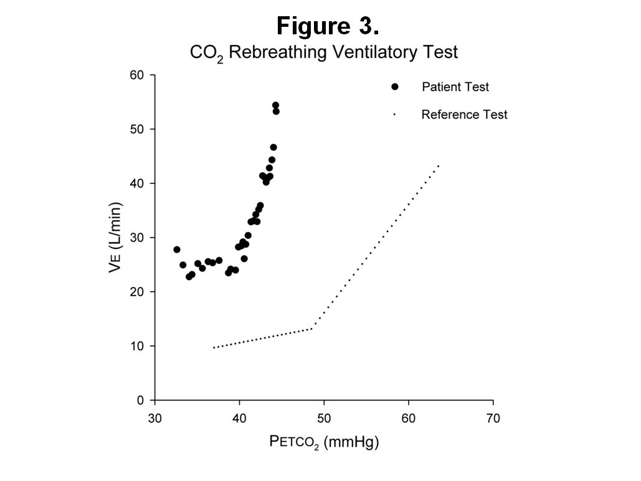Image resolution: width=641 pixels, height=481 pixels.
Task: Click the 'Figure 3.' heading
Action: (x=328, y=26)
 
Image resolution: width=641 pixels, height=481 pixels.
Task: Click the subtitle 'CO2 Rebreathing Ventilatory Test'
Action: (x=323, y=52)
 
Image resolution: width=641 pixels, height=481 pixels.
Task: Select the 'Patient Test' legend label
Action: (x=455, y=87)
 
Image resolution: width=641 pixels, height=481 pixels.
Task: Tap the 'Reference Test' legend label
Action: (x=464, y=115)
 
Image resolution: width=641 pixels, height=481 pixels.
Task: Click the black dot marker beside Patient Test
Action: (x=395, y=87)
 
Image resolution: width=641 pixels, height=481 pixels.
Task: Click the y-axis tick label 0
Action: (x=141, y=400)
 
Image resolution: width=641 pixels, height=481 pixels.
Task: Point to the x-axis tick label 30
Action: (x=155, y=417)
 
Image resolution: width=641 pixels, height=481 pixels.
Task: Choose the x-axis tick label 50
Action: (x=324, y=417)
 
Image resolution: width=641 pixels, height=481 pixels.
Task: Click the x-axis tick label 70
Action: (x=493, y=417)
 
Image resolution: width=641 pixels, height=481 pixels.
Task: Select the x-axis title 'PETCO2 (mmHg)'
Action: (x=324, y=442)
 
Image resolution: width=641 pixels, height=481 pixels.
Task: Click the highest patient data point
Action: (x=275, y=105)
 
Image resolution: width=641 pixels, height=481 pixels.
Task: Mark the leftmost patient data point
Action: (x=177, y=250)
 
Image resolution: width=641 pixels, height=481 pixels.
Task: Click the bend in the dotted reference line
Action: (x=312, y=328)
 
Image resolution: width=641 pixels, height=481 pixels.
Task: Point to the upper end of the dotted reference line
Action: (x=439, y=165)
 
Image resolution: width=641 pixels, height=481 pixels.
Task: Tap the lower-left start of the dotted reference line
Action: (x=214, y=347)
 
